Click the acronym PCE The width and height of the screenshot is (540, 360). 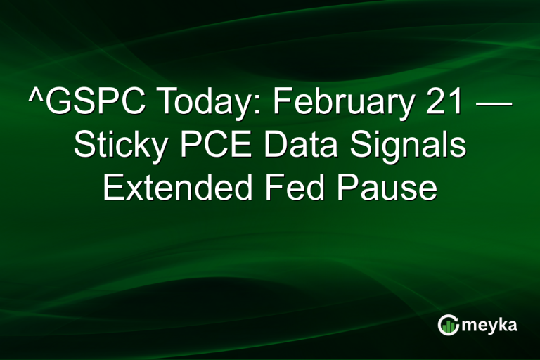point(214,147)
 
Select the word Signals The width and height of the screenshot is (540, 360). point(406,147)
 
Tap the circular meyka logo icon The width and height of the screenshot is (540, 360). point(449,324)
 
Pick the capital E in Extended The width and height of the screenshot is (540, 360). point(113,188)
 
